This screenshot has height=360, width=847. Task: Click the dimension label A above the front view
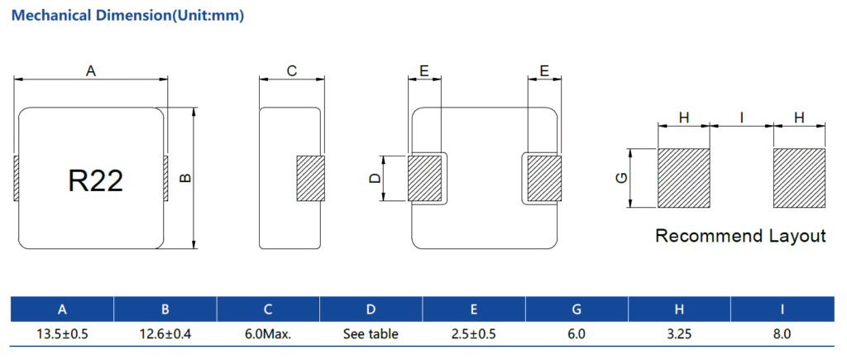(92, 72)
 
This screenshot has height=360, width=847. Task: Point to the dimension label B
(185, 177)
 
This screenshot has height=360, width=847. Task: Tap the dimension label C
(292, 72)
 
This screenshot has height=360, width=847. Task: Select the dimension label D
(374, 179)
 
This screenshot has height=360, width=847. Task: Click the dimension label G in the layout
(622, 179)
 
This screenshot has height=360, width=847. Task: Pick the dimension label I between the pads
(742, 118)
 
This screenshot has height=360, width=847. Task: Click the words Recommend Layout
(740, 236)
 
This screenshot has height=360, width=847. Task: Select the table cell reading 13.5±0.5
(62, 334)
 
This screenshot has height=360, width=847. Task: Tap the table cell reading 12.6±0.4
(165, 334)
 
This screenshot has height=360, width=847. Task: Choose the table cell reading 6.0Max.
(268, 334)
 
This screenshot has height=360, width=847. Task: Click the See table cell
(371, 334)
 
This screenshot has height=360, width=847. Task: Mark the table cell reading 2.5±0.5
(473, 334)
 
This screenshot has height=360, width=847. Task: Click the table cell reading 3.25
(679, 334)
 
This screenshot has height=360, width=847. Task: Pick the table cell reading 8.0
(782, 334)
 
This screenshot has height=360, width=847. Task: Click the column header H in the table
(679, 310)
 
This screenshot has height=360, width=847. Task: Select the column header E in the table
(473, 310)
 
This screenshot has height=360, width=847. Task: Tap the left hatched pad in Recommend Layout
(684, 179)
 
